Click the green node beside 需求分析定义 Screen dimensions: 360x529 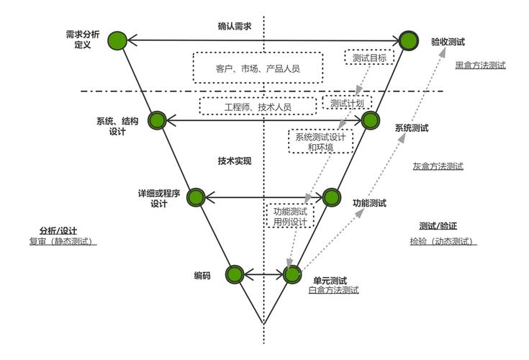tap(117, 41)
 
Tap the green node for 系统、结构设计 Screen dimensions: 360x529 tap(157, 120)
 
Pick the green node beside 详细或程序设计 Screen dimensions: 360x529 tap(196, 197)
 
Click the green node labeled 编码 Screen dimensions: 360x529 tap(235, 274)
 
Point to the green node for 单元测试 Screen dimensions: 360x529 tap(291, 274)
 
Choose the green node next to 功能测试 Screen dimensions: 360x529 tap(331, 197)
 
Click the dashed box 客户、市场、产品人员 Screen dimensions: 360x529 tap(257, 68)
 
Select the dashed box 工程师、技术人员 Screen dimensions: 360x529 tap(258, 106)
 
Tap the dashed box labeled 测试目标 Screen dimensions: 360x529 tap(370, 57)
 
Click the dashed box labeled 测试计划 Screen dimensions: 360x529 tap(347, 104)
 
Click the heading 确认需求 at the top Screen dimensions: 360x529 tap(235, 27)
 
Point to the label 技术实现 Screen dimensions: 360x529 tap(235, 161)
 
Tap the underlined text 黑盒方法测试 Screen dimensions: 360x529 tap(480, 65)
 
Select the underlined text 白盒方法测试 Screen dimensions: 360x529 tap(333, 290)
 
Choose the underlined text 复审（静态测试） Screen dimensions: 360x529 tap(63, 240)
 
